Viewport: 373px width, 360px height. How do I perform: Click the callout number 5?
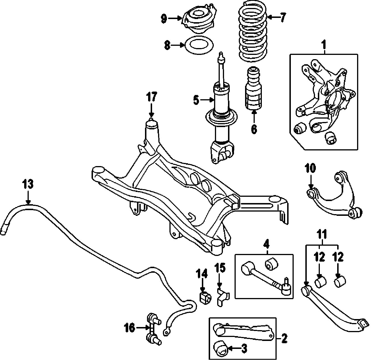[196, 100]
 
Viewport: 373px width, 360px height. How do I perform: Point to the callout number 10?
[310, 168]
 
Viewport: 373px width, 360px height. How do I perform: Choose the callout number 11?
[322, 235]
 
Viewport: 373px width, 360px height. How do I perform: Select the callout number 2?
[284, 339]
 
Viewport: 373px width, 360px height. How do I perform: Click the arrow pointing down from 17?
[151, 111]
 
